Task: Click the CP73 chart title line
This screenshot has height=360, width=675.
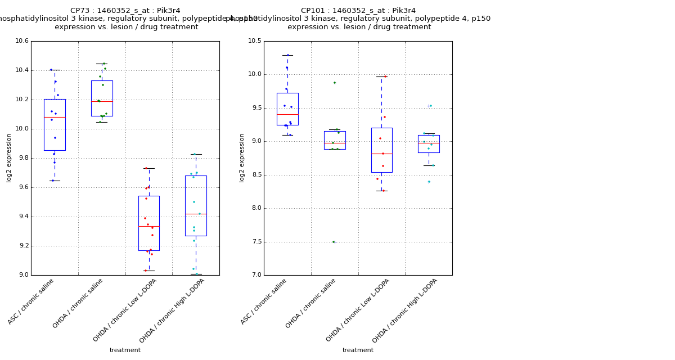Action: coord(125,11)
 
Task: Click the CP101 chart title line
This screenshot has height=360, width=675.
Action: coord(358,11)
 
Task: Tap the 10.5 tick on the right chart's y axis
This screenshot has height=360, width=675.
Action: coord(254,41)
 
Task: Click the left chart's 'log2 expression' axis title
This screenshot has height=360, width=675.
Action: coord(10,158)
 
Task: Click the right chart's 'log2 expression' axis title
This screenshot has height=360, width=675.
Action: coord(242,158)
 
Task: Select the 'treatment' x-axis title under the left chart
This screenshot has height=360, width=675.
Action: coord(125,350)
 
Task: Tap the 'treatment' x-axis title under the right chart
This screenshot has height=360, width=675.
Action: coord(358,350)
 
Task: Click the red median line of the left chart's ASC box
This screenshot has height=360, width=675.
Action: coord(55,117)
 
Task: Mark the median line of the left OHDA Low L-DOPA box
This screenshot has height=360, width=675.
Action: coord(149,226)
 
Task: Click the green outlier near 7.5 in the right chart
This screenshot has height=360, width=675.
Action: coord(334,242)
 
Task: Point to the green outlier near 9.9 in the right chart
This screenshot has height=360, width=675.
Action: coord(335,83)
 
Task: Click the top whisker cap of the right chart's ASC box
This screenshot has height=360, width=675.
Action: coord(287,55)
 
